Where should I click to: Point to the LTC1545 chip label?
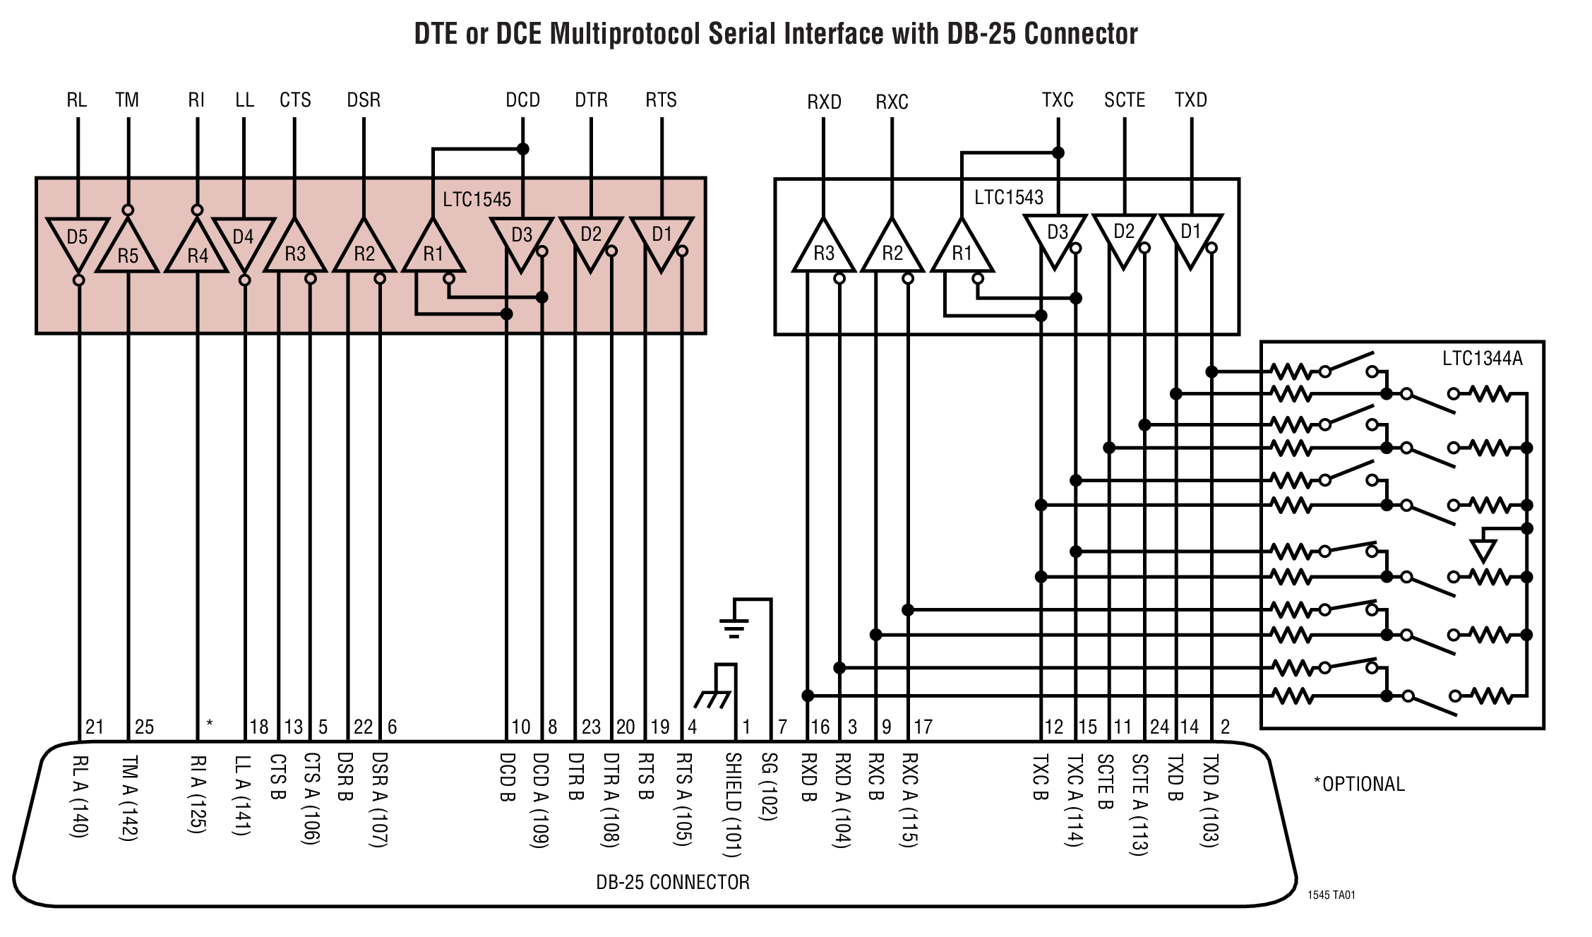tap(477, 199)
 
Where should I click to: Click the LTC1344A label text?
tap(1482, 359)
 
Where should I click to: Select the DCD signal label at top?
tap(522, 100)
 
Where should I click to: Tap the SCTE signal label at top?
tap(1124, 100)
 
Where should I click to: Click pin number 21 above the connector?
tap(95, 727)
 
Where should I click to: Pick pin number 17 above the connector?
tap(923, 727)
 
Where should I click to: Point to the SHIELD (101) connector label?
tap(734, 804)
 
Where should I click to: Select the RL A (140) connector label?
tap(80, 796)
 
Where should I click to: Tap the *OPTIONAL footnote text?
tap(1358, 784)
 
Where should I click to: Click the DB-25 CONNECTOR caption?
tap(672, 882)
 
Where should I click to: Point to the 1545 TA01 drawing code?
tap(1331, 895)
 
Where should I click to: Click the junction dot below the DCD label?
tap(522, 149)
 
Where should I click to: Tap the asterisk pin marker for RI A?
tap(210, 724)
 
